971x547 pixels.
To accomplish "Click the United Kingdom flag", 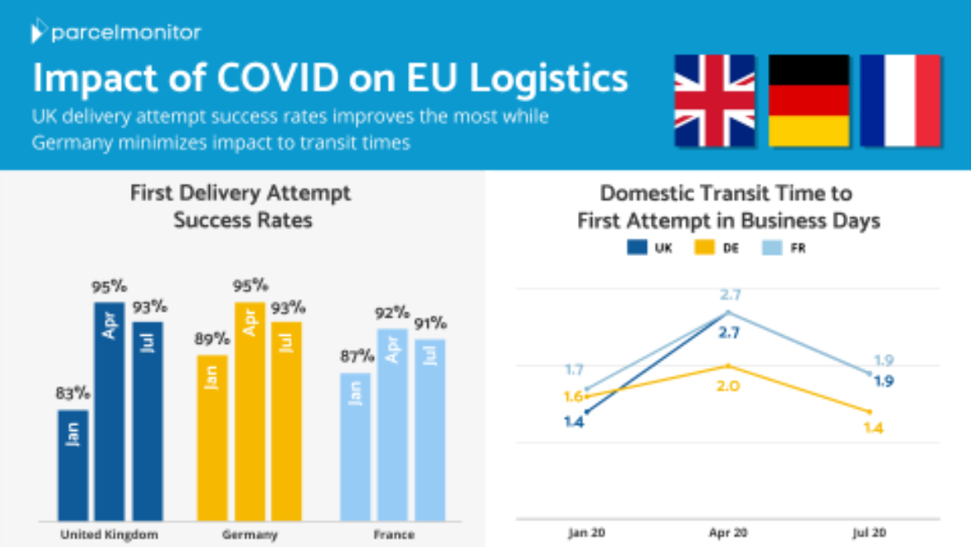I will (x=714, y=101).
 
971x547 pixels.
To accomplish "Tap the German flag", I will (x=808, y=101).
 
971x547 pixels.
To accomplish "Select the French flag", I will (x=901, y=101).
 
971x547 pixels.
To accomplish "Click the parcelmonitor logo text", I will (x=125, y=32).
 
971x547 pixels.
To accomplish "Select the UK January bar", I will (x=73, y=464).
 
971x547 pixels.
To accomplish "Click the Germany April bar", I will (x=250, y=410).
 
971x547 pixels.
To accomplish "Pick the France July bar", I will (x=430, y=429).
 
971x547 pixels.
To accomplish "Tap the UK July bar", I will (x=148, y=421).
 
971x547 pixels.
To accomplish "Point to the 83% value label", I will (x=72, y=394).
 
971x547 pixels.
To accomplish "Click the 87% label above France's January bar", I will (x=356, y=356).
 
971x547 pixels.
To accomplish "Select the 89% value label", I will (x=213, y=338).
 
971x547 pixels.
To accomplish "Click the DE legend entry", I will (x=717, y=248).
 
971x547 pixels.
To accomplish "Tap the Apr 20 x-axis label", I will (x=728, y=532).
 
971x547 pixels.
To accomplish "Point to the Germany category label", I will (x=250, y=535).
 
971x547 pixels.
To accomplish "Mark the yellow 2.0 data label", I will (x=727, y=385).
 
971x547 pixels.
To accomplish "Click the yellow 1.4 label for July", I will (x=872, y=428).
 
